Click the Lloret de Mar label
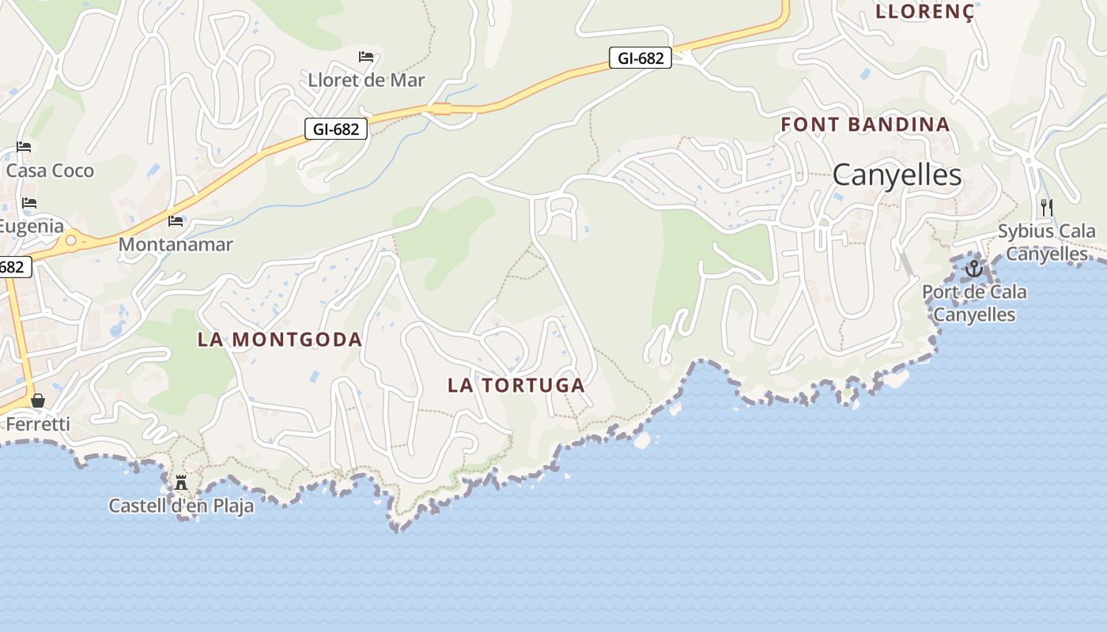pos(366,80)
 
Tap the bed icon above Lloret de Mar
pos(366,56)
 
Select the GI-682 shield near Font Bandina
pos(640,58)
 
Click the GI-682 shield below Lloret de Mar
pos(336,129)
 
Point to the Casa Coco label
pos(50,171)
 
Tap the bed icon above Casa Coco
pos(24,147)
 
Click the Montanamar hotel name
pos(176,244)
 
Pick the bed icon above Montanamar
pos(176,221)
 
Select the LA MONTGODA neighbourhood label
pos(279,340)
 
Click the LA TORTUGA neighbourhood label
pos(516,386)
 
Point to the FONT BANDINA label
pos(865,124)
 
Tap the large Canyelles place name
pos(897,175)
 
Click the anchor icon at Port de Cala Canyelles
pos(973,269)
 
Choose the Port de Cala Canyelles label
pos(974,303)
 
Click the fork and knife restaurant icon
pos(1046,208)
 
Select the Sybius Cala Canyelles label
pos(1047,243)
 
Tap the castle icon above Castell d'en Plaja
pos(181,482)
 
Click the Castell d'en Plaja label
pos(181,506)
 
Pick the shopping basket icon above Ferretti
pos(38,401)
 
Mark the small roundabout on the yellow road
pos(71,239)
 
